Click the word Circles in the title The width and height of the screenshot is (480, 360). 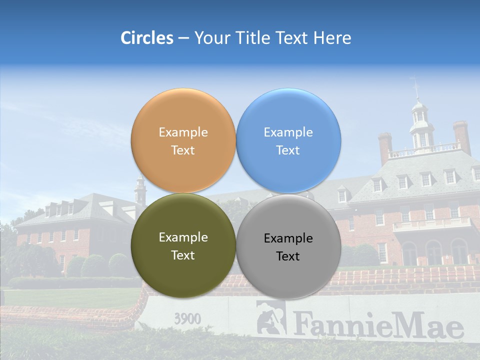(147, 38)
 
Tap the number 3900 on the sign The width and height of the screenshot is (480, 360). (187, 318)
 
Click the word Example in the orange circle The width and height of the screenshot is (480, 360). (183, 132)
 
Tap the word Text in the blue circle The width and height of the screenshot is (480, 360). (288, 150)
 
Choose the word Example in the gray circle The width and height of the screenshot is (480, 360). (288, 238)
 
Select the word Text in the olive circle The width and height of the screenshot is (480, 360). (183, 255)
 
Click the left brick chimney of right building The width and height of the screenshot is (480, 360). (384, 147)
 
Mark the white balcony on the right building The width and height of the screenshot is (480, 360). (432, 223)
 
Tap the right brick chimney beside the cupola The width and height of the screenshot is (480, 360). (461, 136)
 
